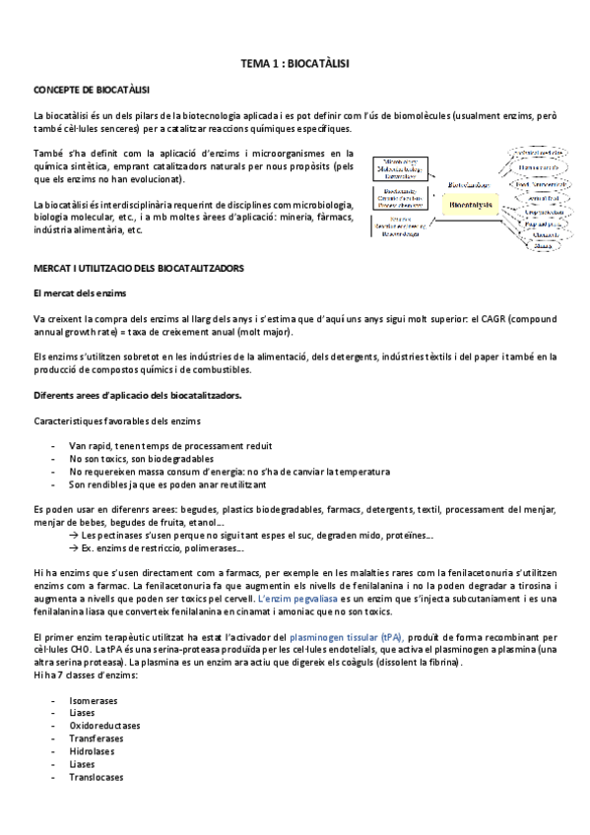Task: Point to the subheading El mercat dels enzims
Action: pyautogui.click(x=80, y=293)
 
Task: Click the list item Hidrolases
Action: pyautogui.click(x=94, y=750)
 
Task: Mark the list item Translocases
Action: pyautogui.click(x=97, y=776)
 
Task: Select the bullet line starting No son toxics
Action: pyautogui.click(x=149, y=459)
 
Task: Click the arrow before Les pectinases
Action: pyautogui.click(x=74, y=536)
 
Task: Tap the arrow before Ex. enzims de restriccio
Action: pyautogui.click(x=74, y=548)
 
